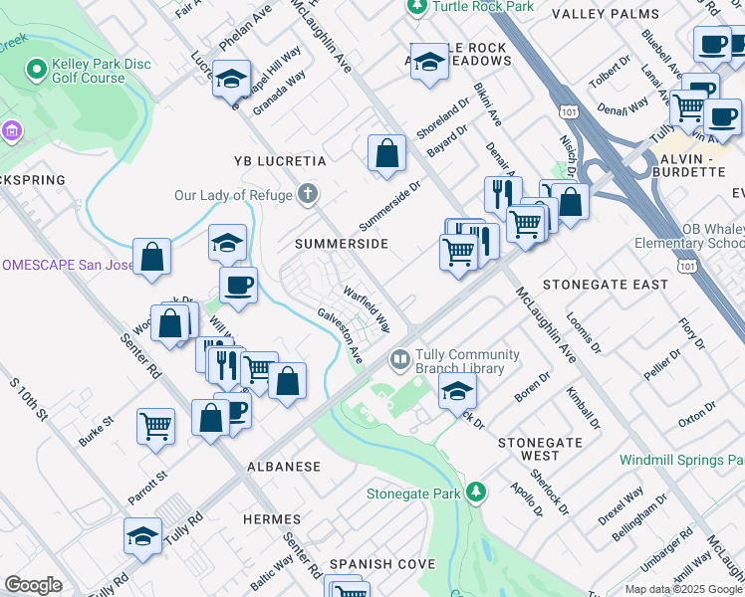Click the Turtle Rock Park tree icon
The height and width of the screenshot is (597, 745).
click(417, 7)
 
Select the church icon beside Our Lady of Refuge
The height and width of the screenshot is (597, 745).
click(310, 194)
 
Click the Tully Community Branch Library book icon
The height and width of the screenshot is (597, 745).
click(400, 357)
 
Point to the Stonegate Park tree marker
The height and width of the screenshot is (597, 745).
click(477, 492)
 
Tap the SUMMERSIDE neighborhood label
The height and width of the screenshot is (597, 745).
click(341, 244)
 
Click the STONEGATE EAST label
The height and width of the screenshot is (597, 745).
click(606, 285)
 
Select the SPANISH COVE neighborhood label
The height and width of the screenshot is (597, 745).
click(383, 564)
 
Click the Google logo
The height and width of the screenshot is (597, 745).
click(33, 585)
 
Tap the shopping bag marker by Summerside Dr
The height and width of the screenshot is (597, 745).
click(386, 154)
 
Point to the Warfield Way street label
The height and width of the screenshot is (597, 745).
click(366, 310)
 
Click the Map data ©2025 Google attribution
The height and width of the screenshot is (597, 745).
click(682, 588)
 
